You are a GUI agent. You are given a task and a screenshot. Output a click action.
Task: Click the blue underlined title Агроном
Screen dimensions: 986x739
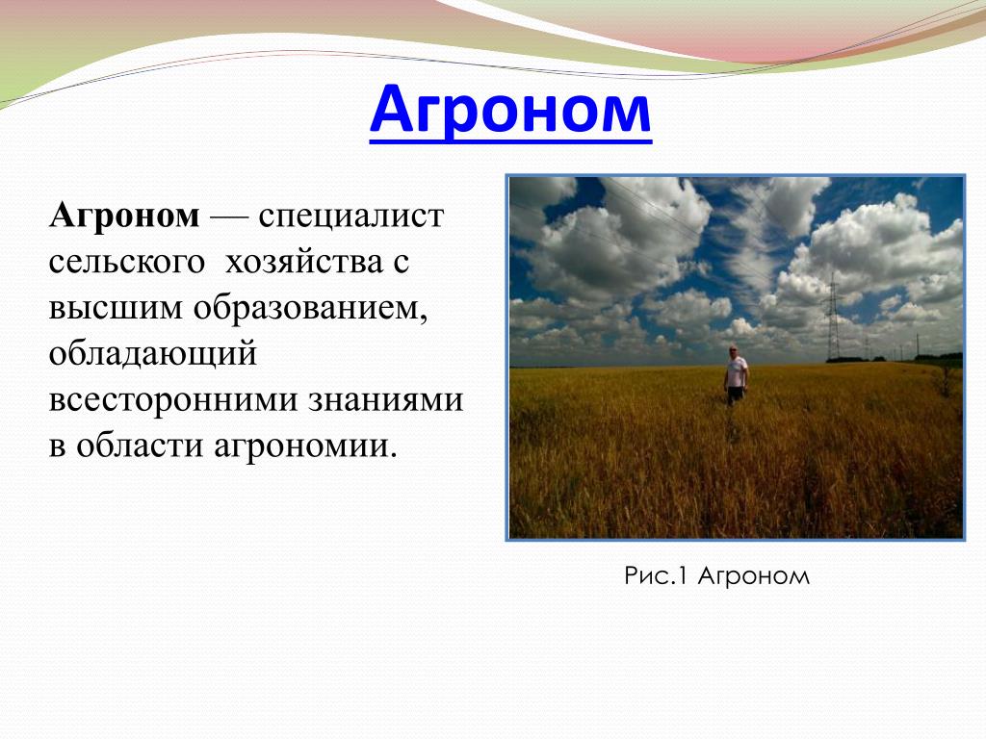510,112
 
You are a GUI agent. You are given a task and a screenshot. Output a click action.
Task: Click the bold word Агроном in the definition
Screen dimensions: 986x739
124,216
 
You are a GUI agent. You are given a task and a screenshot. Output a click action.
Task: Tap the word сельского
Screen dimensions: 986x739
126,262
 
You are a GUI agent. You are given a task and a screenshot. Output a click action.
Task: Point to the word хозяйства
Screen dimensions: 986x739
303,262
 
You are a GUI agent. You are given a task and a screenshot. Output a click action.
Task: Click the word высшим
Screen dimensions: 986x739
116,308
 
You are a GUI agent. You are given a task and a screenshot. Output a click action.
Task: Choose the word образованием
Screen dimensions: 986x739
311,308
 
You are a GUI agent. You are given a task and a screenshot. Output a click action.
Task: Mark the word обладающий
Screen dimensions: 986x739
153,354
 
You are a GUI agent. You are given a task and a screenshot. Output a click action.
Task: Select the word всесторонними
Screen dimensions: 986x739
173,400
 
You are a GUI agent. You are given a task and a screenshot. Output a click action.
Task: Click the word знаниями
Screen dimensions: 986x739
385,400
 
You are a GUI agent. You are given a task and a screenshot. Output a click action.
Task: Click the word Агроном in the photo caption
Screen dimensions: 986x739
754,576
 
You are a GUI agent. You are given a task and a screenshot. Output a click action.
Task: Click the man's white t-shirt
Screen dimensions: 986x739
737,371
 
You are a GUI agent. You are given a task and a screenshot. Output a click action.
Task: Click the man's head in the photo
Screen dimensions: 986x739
733,350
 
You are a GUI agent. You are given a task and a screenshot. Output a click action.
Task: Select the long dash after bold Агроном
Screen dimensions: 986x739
229,218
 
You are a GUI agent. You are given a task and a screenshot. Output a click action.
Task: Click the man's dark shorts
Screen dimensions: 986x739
735,394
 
